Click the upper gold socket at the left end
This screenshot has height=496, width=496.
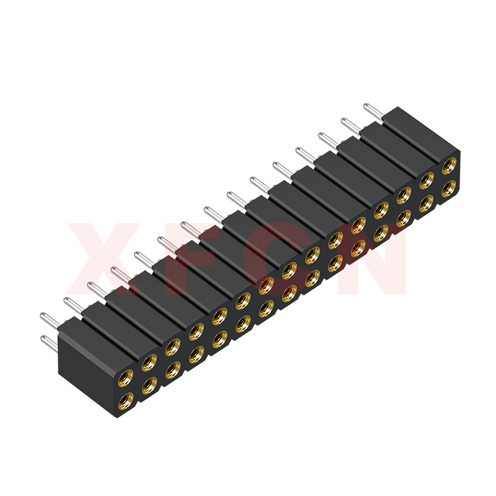[125, 377]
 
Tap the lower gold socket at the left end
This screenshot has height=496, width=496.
[125, 400]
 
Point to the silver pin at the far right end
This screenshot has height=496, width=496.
[374, 111]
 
